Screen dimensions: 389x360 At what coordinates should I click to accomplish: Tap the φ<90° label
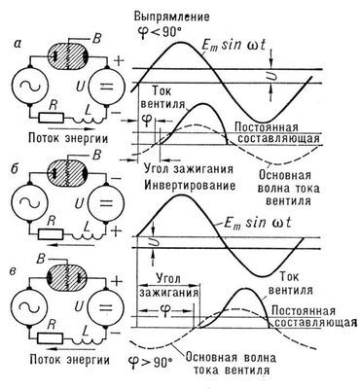point(185,29)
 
